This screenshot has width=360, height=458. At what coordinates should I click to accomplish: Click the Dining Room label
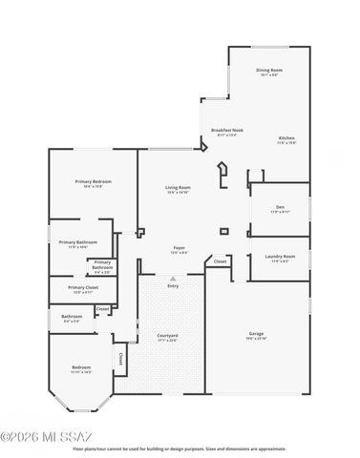(x=269, y=70)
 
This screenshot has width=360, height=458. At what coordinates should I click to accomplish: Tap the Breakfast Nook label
(x=227, y=130)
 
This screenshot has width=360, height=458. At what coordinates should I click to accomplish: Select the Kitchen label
(x=286, y=138)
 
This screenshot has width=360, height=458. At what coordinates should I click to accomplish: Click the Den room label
(x=280, y=207)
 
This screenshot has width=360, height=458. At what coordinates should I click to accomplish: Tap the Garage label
(x=257, y=333)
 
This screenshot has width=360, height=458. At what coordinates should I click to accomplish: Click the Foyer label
(x=179, y=248)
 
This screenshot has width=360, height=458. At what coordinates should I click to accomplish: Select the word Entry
(x=173, y=285)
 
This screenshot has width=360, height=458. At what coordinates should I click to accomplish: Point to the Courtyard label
(x=167, y=336)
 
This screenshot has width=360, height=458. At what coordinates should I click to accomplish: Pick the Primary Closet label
(x=83, y=287)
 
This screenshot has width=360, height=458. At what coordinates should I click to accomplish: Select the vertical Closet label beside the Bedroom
(x=120, y=358)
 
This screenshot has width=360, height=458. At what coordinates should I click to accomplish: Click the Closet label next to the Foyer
(x=220, y=260)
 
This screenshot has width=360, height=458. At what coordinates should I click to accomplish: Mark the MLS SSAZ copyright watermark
(x=34, y=437)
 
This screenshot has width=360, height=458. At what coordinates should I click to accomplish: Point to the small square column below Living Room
(x=223, y=230)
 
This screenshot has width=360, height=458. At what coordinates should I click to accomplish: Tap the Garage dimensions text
(x=257, y=339)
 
